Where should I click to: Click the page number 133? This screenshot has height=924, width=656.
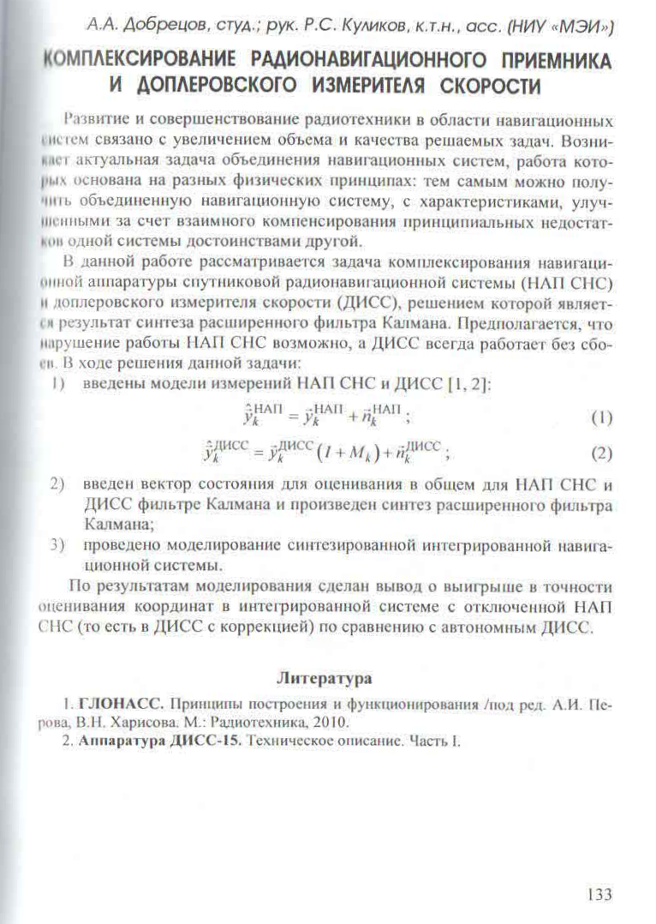click(599, 895)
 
